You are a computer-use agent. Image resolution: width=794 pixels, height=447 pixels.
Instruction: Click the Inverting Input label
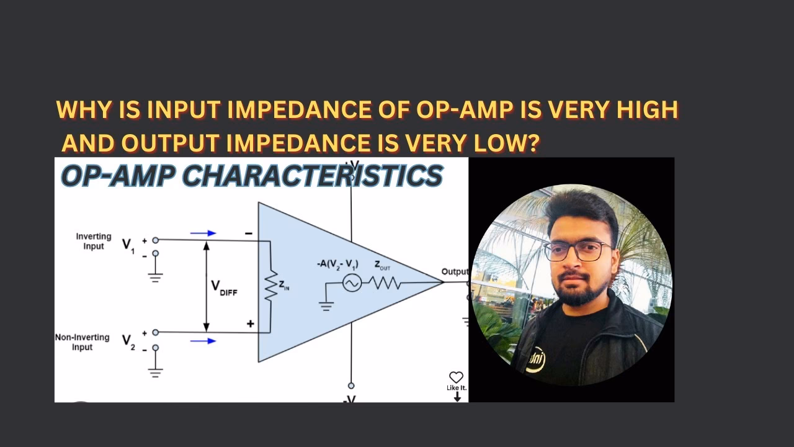94,241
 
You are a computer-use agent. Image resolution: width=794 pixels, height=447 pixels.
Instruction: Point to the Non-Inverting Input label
82,342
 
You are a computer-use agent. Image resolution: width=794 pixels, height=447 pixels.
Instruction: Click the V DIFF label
224,287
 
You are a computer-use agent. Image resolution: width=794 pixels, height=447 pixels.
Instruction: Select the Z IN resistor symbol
270,286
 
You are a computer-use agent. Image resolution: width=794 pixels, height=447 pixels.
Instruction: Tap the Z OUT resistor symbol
385,283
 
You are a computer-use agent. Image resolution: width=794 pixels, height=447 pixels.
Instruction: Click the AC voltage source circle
351,283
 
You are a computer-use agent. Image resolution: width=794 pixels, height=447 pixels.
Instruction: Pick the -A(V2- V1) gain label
337,264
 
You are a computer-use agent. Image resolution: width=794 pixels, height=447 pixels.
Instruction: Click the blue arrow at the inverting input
203,233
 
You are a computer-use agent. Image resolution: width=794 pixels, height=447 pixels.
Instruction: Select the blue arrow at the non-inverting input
203,341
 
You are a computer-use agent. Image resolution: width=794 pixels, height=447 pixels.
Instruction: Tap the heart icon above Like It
456,377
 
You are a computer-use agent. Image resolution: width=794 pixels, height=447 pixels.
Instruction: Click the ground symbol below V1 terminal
155,276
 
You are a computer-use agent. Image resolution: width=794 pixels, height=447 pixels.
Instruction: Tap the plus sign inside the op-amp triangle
251,323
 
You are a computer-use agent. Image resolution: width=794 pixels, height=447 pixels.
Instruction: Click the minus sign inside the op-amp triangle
249,234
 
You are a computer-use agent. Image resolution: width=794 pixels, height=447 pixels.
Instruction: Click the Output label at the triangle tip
454,272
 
